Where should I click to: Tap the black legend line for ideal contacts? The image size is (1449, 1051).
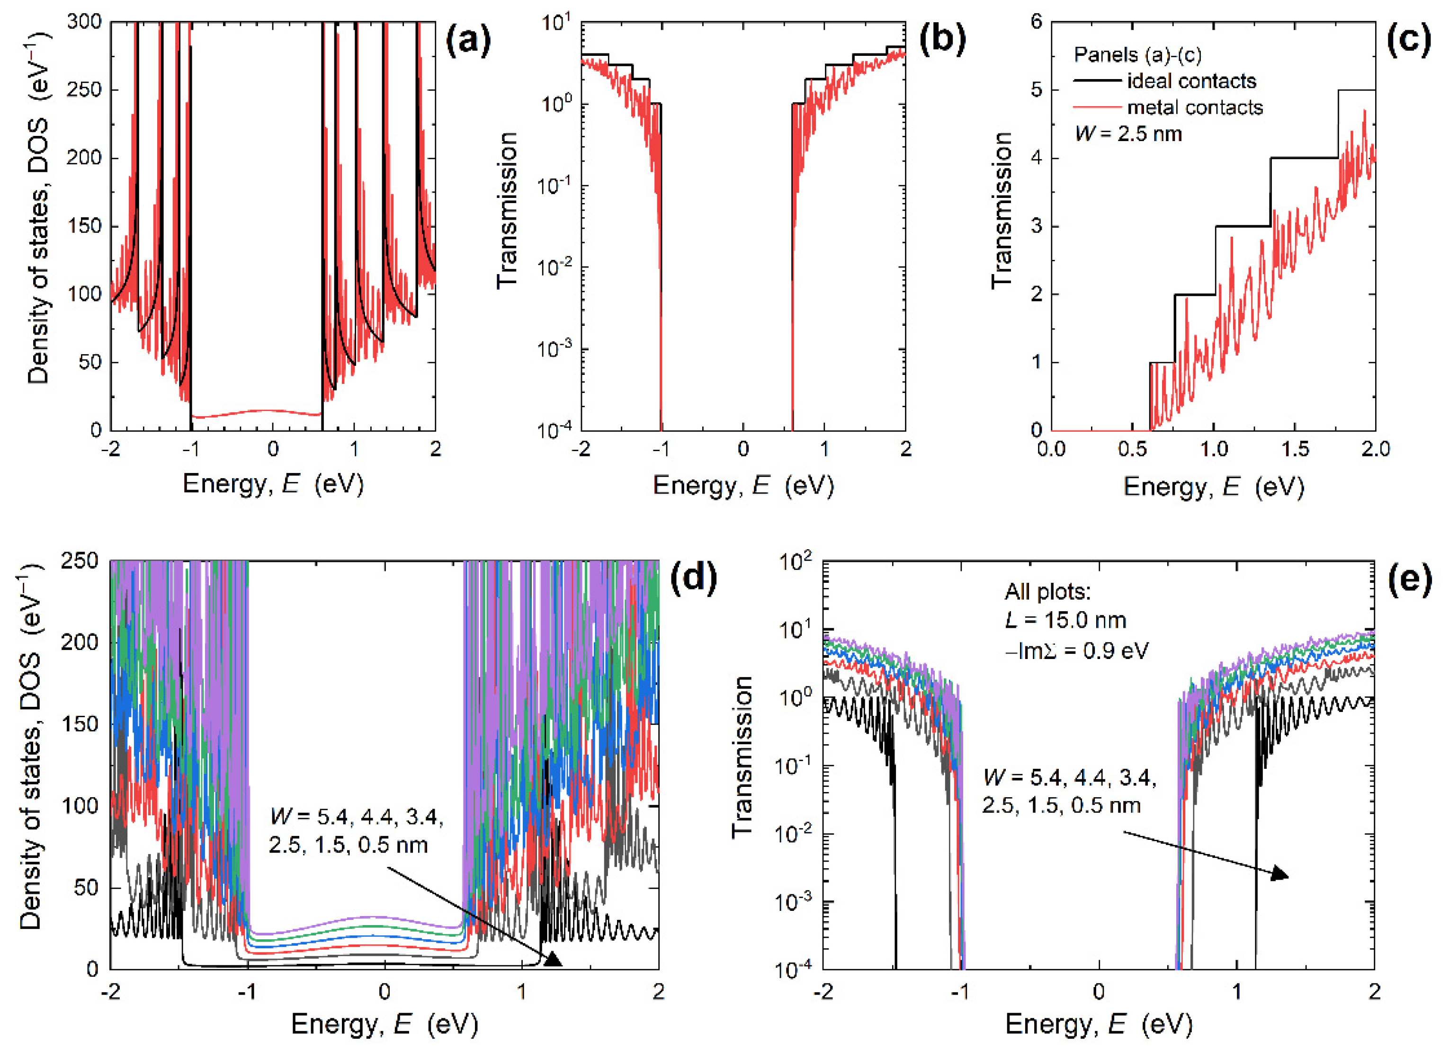point(1097,81)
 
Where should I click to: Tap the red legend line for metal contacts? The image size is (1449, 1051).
point(1097,107)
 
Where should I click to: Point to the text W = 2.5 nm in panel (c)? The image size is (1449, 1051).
point(1128,134)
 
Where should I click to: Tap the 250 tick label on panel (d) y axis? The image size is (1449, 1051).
point(80,561)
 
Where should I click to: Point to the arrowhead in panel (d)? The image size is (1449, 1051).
point(552,959)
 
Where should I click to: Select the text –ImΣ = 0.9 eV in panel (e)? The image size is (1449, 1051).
point(1076,650)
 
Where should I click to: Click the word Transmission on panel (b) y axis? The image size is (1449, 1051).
point(507,211)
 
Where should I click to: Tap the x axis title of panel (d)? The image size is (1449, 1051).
point(384,1024)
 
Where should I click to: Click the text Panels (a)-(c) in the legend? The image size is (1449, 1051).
point(1137,55)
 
